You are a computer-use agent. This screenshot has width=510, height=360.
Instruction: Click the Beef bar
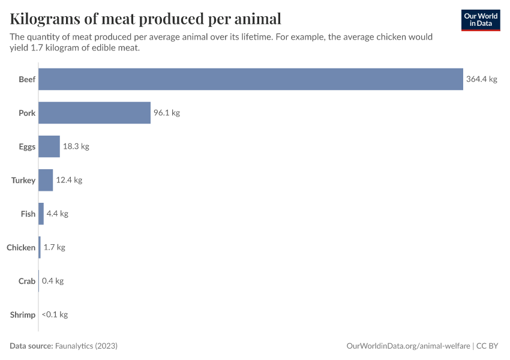(251, 79)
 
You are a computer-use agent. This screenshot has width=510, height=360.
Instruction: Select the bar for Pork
(94, 113)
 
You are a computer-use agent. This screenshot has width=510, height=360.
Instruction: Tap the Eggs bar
(49, 146)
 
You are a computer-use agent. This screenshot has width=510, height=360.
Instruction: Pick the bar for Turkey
(46, 180)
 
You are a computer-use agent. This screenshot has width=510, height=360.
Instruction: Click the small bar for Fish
(41, 214)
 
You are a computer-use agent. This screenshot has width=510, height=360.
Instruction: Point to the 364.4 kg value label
(481, 79)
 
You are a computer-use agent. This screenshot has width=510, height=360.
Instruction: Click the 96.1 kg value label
(166, 113)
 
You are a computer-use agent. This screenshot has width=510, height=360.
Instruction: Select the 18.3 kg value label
(76, 146)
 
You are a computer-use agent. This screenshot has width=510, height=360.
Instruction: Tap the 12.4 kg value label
(69, 180)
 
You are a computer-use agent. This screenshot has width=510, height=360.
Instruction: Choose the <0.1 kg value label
(55, 314)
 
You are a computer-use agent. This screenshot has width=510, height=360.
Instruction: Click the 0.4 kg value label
(53, 281)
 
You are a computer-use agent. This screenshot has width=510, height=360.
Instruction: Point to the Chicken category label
(21, 247)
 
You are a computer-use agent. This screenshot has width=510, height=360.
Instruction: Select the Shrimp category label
(23, 314)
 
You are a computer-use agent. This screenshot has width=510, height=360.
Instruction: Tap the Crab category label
(27, 281)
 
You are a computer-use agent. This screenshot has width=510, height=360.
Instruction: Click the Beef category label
(27, 79)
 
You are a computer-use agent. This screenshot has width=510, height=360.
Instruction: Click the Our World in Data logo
(480, 20)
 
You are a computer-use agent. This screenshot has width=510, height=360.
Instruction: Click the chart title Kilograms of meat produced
(145, 19)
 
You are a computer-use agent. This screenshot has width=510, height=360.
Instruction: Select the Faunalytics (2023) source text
(86, 346)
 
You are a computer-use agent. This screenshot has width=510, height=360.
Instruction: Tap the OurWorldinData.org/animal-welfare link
(409, 346)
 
